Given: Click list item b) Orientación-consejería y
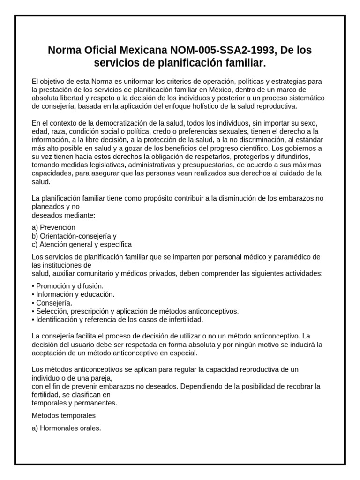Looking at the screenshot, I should (x=74, y=236).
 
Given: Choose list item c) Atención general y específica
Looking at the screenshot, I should (x=82, y=244).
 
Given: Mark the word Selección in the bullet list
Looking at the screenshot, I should (x=51, y=311).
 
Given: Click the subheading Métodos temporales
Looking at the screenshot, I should (x=64, y=416).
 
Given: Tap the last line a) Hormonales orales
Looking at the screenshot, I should (x=67, y=428).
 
